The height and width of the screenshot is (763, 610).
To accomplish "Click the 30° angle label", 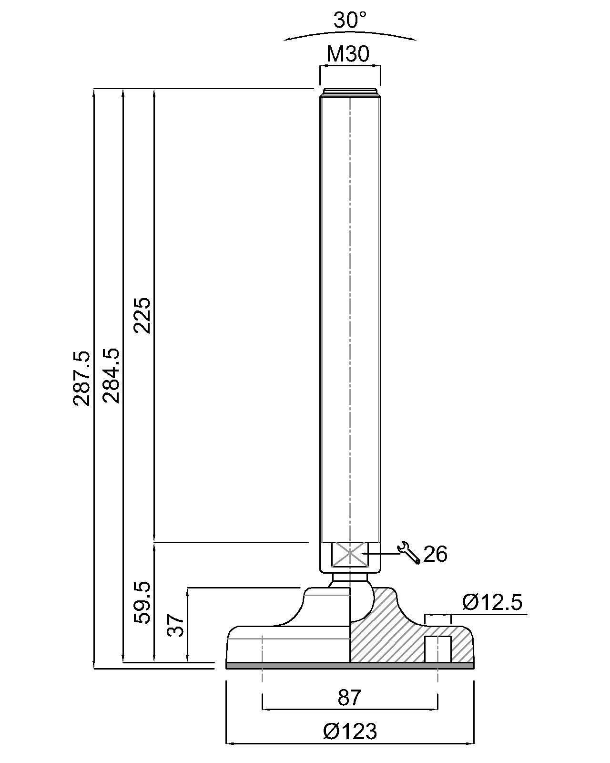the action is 349,20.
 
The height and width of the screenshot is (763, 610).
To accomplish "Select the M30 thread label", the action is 348,54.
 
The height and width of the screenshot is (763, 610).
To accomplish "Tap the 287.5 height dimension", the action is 81,378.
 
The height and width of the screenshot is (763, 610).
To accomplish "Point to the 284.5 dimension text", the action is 111,376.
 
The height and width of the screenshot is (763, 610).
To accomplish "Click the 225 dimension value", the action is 142,315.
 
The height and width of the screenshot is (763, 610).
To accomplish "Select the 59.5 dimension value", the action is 142,608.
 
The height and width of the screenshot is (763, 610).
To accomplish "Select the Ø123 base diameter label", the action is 350,731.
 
